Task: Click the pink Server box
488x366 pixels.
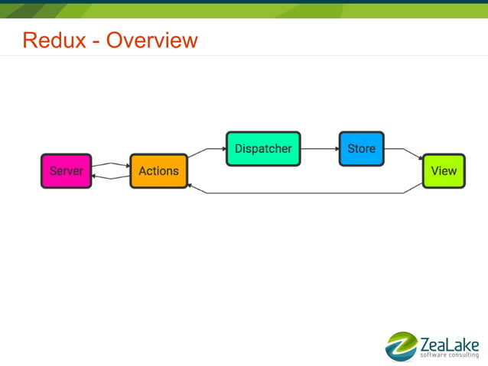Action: [66, 171]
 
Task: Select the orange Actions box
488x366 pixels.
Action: [158, 171]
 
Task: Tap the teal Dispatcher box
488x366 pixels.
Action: [263, 149]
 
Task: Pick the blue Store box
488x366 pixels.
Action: [361, 149]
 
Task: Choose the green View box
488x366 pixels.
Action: [444, 171]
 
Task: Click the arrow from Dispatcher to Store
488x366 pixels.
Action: [320, 149]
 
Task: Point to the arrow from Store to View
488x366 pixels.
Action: [404, 152]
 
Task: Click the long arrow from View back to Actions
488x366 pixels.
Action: [306, 193]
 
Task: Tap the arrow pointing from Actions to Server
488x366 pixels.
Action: [110, 177]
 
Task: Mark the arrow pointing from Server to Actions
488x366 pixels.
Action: [110, 164]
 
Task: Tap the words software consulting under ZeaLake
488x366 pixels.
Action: [449, 355]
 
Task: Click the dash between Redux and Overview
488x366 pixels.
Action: [94, 41]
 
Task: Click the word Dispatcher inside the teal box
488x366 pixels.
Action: [263, 149]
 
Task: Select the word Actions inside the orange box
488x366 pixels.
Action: [158, 171]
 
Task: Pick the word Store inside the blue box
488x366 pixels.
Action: [361, 149]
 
